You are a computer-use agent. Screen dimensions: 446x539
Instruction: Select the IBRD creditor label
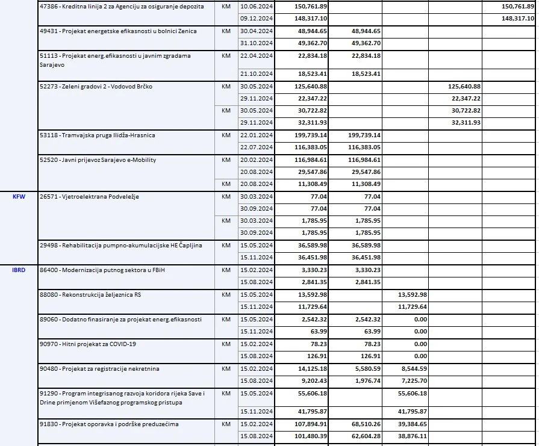pos(19,270)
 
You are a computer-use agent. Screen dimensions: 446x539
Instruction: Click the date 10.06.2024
pos(257,6)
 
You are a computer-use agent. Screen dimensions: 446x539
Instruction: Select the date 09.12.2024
pos(257,18)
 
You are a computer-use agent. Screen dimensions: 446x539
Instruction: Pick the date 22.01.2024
pos(257,135)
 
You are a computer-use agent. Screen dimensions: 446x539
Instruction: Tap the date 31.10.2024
pos(257,43)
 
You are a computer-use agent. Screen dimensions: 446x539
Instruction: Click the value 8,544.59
pos(412,368)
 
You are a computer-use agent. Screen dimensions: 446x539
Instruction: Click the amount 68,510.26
pos(364,424)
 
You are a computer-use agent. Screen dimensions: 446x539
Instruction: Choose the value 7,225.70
pos(412,381)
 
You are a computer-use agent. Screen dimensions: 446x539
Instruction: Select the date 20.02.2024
pos(257,160)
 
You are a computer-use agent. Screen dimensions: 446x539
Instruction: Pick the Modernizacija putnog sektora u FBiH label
pos(100,270)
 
